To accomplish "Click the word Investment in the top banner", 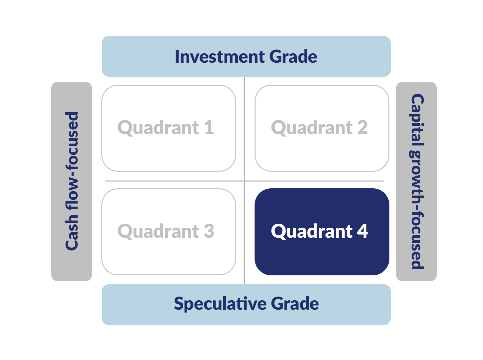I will point(220,57).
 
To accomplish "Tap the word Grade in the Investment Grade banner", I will point(293,57).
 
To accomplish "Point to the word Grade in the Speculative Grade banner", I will point(295,304).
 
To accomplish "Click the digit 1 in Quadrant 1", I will point(209,128).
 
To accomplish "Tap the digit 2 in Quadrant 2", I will point(362,128).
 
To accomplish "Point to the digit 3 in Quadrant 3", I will point(209,231).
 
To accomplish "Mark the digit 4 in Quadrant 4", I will point(362,231).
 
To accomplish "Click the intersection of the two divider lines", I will point(245,181).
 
